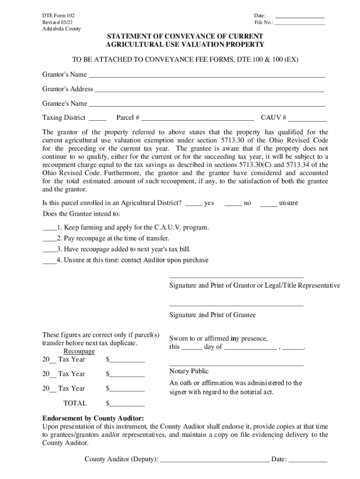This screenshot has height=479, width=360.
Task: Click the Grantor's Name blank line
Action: click(x=207, y=76)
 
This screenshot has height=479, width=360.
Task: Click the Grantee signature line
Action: click(x=236, y=305)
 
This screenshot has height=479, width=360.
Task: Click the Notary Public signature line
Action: click(x=236, y=365)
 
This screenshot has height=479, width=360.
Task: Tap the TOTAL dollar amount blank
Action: click(x=127, y=405)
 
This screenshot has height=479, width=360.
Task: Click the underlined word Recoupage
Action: click(x=79, y=351)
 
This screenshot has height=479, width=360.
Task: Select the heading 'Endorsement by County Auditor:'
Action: click(x=93, y=418)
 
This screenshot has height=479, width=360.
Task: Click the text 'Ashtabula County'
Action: click(x=61, y=29)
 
